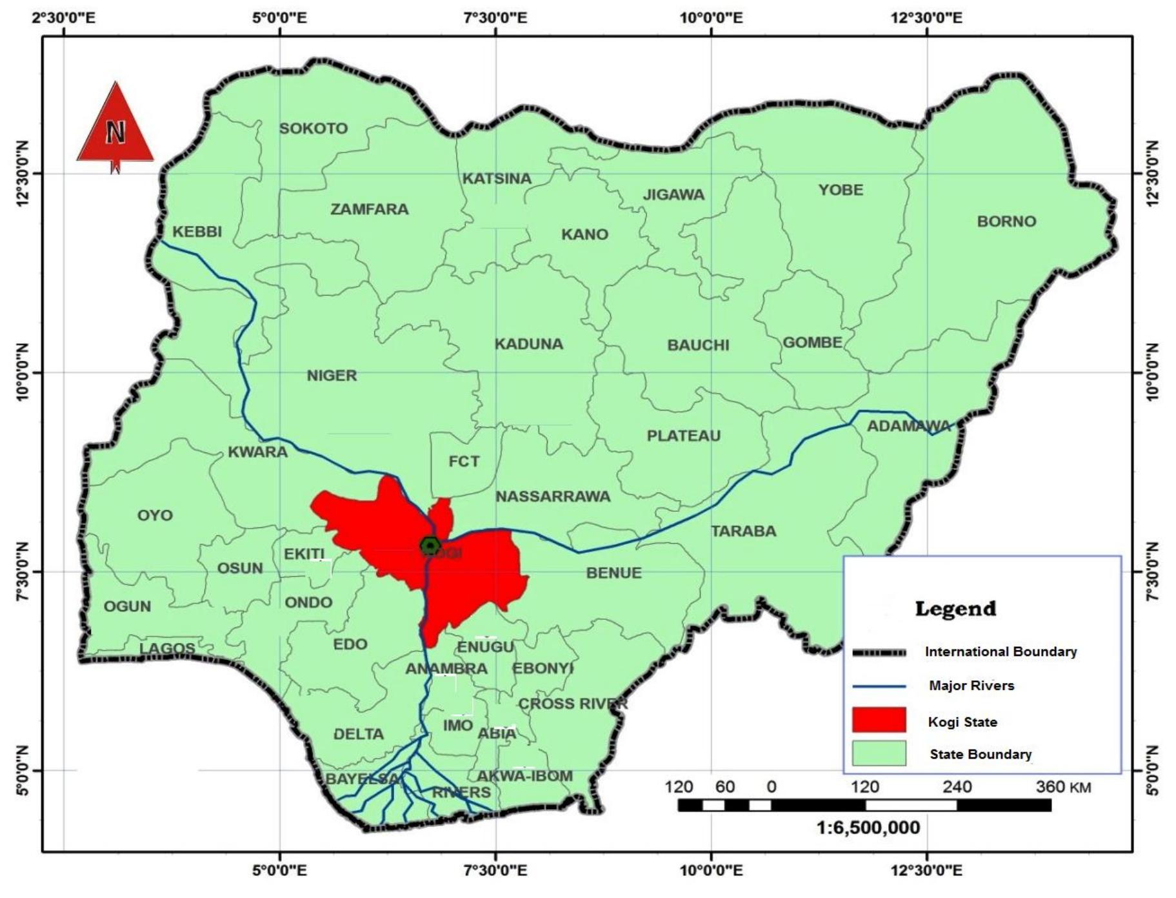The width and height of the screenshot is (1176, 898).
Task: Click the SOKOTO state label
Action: pyautogui.click(x=313, y=128)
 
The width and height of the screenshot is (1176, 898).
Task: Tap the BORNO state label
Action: pyautogui.click(x=1006, y=221)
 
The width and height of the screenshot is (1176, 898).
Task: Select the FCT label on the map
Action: pyautogui.click(x=464, y=462)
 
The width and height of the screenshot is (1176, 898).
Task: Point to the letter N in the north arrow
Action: pyautogui.click(x=115, y=132)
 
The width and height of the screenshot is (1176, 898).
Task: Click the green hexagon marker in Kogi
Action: pyautogui.click(x=430, y=546)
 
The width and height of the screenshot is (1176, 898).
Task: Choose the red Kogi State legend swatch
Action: pyautogui.click(x=879, y=720)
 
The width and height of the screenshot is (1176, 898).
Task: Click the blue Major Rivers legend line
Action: pyautogui.click(x=879, y=686)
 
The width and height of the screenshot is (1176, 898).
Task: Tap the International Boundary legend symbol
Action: pyautogui.click(x=879, y=653)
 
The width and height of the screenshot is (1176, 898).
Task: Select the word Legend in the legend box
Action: pyautogui.click(x=955, y=609)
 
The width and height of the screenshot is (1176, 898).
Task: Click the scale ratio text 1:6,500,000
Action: pyautogui.click(x=868, y=828)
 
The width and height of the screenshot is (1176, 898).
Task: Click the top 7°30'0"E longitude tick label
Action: pyautogui.click(x=495, y=17)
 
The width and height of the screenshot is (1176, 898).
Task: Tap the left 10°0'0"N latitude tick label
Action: pyautogui.click(x=22, y=372)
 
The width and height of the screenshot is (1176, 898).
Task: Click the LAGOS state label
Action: pyautogui.click(x=167, y=648)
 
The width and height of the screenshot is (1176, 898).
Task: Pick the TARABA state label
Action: pyautogui.click(x=743, y=531)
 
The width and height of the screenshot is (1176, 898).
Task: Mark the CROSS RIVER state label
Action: pyautogui.click(x=573, y=704)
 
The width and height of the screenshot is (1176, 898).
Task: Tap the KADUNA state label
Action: pyautogui.click(x=528, y=344)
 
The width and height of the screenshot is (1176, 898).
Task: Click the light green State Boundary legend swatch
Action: pyautogui.click(x=879, y=753)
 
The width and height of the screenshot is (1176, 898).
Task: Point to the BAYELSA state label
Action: pyautogui.click(x=362, y=779)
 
